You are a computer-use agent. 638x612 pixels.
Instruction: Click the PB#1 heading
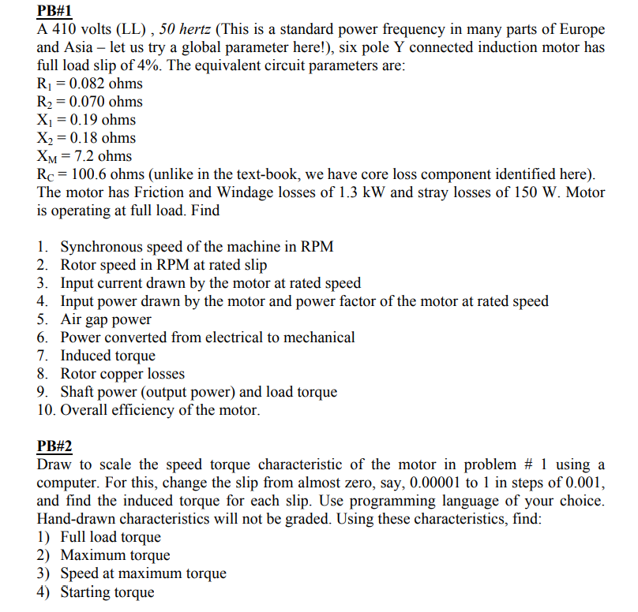pyautogui.click(x=54, y=11)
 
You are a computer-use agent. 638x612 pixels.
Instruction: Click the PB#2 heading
pyautogui.click(x=54, y=446)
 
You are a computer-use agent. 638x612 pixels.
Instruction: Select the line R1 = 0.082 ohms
pyautogui.click(x=90, y=84)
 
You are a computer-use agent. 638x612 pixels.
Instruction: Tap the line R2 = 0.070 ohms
pyautogui.click(x=90, y=102)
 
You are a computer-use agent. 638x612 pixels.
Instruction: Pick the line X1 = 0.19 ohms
pyautogui.click(x=86, y=120)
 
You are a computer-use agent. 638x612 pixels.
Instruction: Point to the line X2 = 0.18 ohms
pyautogui.click(x=86, y=138)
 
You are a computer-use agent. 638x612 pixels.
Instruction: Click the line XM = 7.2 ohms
pyautogui.click(x=84, y=156)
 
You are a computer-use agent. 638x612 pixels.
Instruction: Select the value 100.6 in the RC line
pyautogui.click(x=84, y=174)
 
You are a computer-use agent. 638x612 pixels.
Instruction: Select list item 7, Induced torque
pyautogui.click(x=107, y=356)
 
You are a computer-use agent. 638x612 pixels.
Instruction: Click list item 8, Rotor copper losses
pyautogui.click(x=122, y=374)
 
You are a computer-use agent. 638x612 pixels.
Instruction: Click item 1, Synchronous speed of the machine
pyautogui.click(x=197, y=247)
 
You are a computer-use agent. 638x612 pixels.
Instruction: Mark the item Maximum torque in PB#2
pyautogui.click(x=115, y=555)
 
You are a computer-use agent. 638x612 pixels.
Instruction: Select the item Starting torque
pyautogui.click(x=107, y=591)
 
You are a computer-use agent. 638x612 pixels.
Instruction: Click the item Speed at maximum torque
pyautogui.click(x=143, y=573)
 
